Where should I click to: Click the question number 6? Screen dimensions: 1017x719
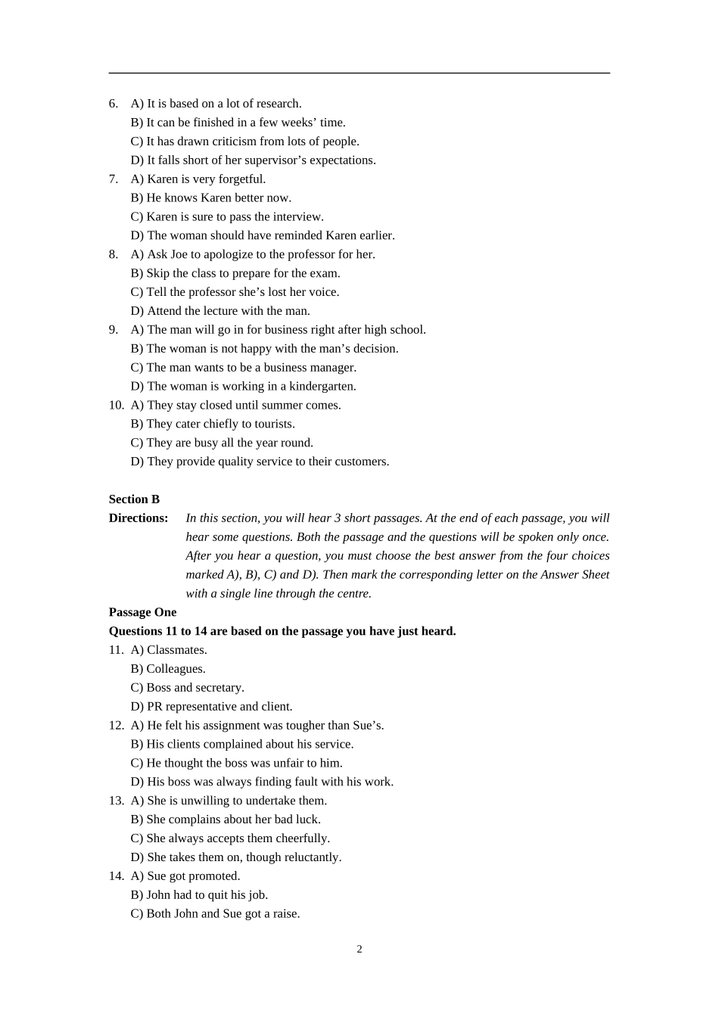pos(114,104)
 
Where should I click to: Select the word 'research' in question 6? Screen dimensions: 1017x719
pos(278,104)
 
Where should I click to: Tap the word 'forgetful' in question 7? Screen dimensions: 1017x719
pos(241,179)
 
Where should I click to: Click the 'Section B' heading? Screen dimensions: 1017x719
pos(134,499)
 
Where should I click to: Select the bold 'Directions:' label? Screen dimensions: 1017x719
pos(139,518)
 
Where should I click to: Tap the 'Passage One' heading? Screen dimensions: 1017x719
pos(142,612)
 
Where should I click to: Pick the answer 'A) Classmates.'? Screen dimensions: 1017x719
pos(169,650)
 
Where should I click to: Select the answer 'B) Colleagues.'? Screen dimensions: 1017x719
pos(168,669)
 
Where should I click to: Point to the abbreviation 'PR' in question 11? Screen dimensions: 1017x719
pos(154,707)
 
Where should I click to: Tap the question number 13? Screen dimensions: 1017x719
pos(116,801)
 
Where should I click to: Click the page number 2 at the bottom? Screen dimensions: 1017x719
pos(359,950)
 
